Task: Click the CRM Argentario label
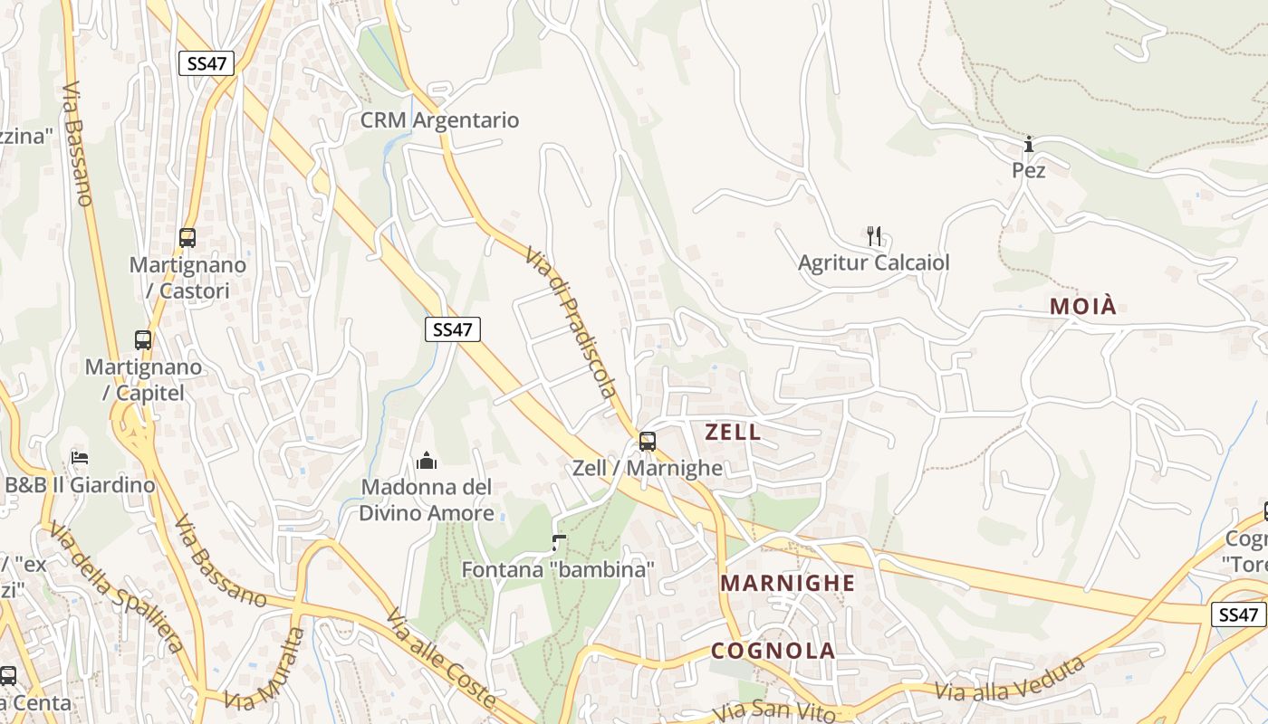click(x=439, y=120)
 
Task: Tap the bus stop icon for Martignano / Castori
click(x=187, y=238)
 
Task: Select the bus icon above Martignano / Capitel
click(x=143, y=340)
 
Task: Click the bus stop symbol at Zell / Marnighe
click(x=647, y=442)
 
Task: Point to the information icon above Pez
click(x=1029, y=145)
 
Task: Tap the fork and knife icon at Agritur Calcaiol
click(x=874, y=236)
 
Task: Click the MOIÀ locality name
click(x=1083, y=307)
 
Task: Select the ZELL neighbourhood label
click(x=733, y=433)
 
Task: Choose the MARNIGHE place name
click(x=787, y=583)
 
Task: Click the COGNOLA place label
click(x=773, y=651)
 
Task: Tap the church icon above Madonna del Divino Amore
click(x=427, y=462)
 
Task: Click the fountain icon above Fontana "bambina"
click(x=559, y=543)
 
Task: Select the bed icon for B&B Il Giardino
click(x=80, y=458)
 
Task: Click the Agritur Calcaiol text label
click(x=874, y=263)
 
